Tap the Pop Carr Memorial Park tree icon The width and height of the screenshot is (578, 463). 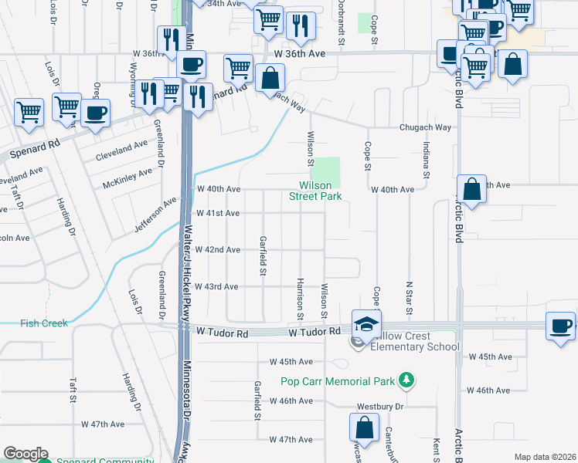pos(404,380)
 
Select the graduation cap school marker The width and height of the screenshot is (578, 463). pos(366,323)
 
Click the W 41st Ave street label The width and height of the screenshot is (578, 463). pos(218,213)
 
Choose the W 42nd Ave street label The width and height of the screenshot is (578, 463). pos(218,250)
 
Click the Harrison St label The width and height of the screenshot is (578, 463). pos(300,296)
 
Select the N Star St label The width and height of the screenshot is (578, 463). pos(409,299)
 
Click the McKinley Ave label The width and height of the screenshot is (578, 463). pos(128,180)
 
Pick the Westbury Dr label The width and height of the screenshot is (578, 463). pos(380,406)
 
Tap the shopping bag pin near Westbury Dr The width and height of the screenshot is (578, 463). pos(364,428)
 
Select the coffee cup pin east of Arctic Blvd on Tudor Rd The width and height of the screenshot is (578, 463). pos(560,325)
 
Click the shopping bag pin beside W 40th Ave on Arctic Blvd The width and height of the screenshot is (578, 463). pos(471,189)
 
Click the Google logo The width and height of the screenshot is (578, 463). pos(25,454)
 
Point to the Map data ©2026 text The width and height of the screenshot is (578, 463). pos(545,457)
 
